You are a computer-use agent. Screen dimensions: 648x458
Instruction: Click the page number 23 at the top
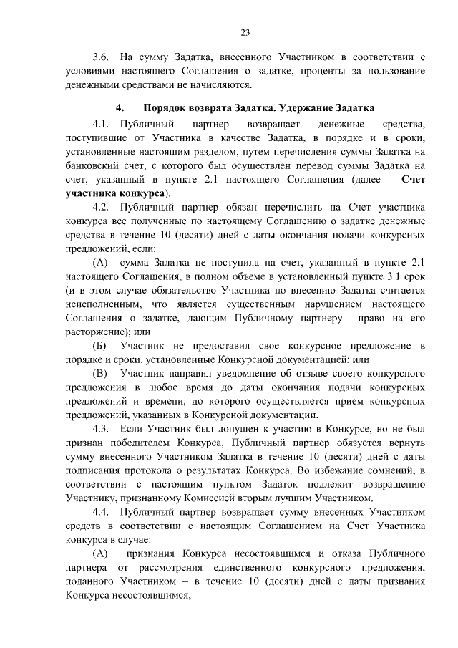245,32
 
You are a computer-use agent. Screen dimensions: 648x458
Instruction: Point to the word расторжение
97,332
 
